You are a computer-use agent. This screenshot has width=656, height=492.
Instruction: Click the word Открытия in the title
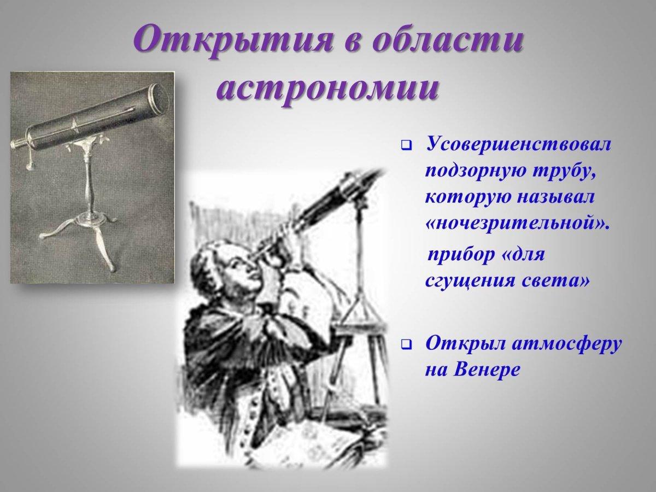tap(231, 43)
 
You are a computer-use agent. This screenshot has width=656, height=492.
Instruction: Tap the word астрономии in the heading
tap(328, 89)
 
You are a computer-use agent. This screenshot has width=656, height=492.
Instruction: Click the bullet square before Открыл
tap(406, 345)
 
